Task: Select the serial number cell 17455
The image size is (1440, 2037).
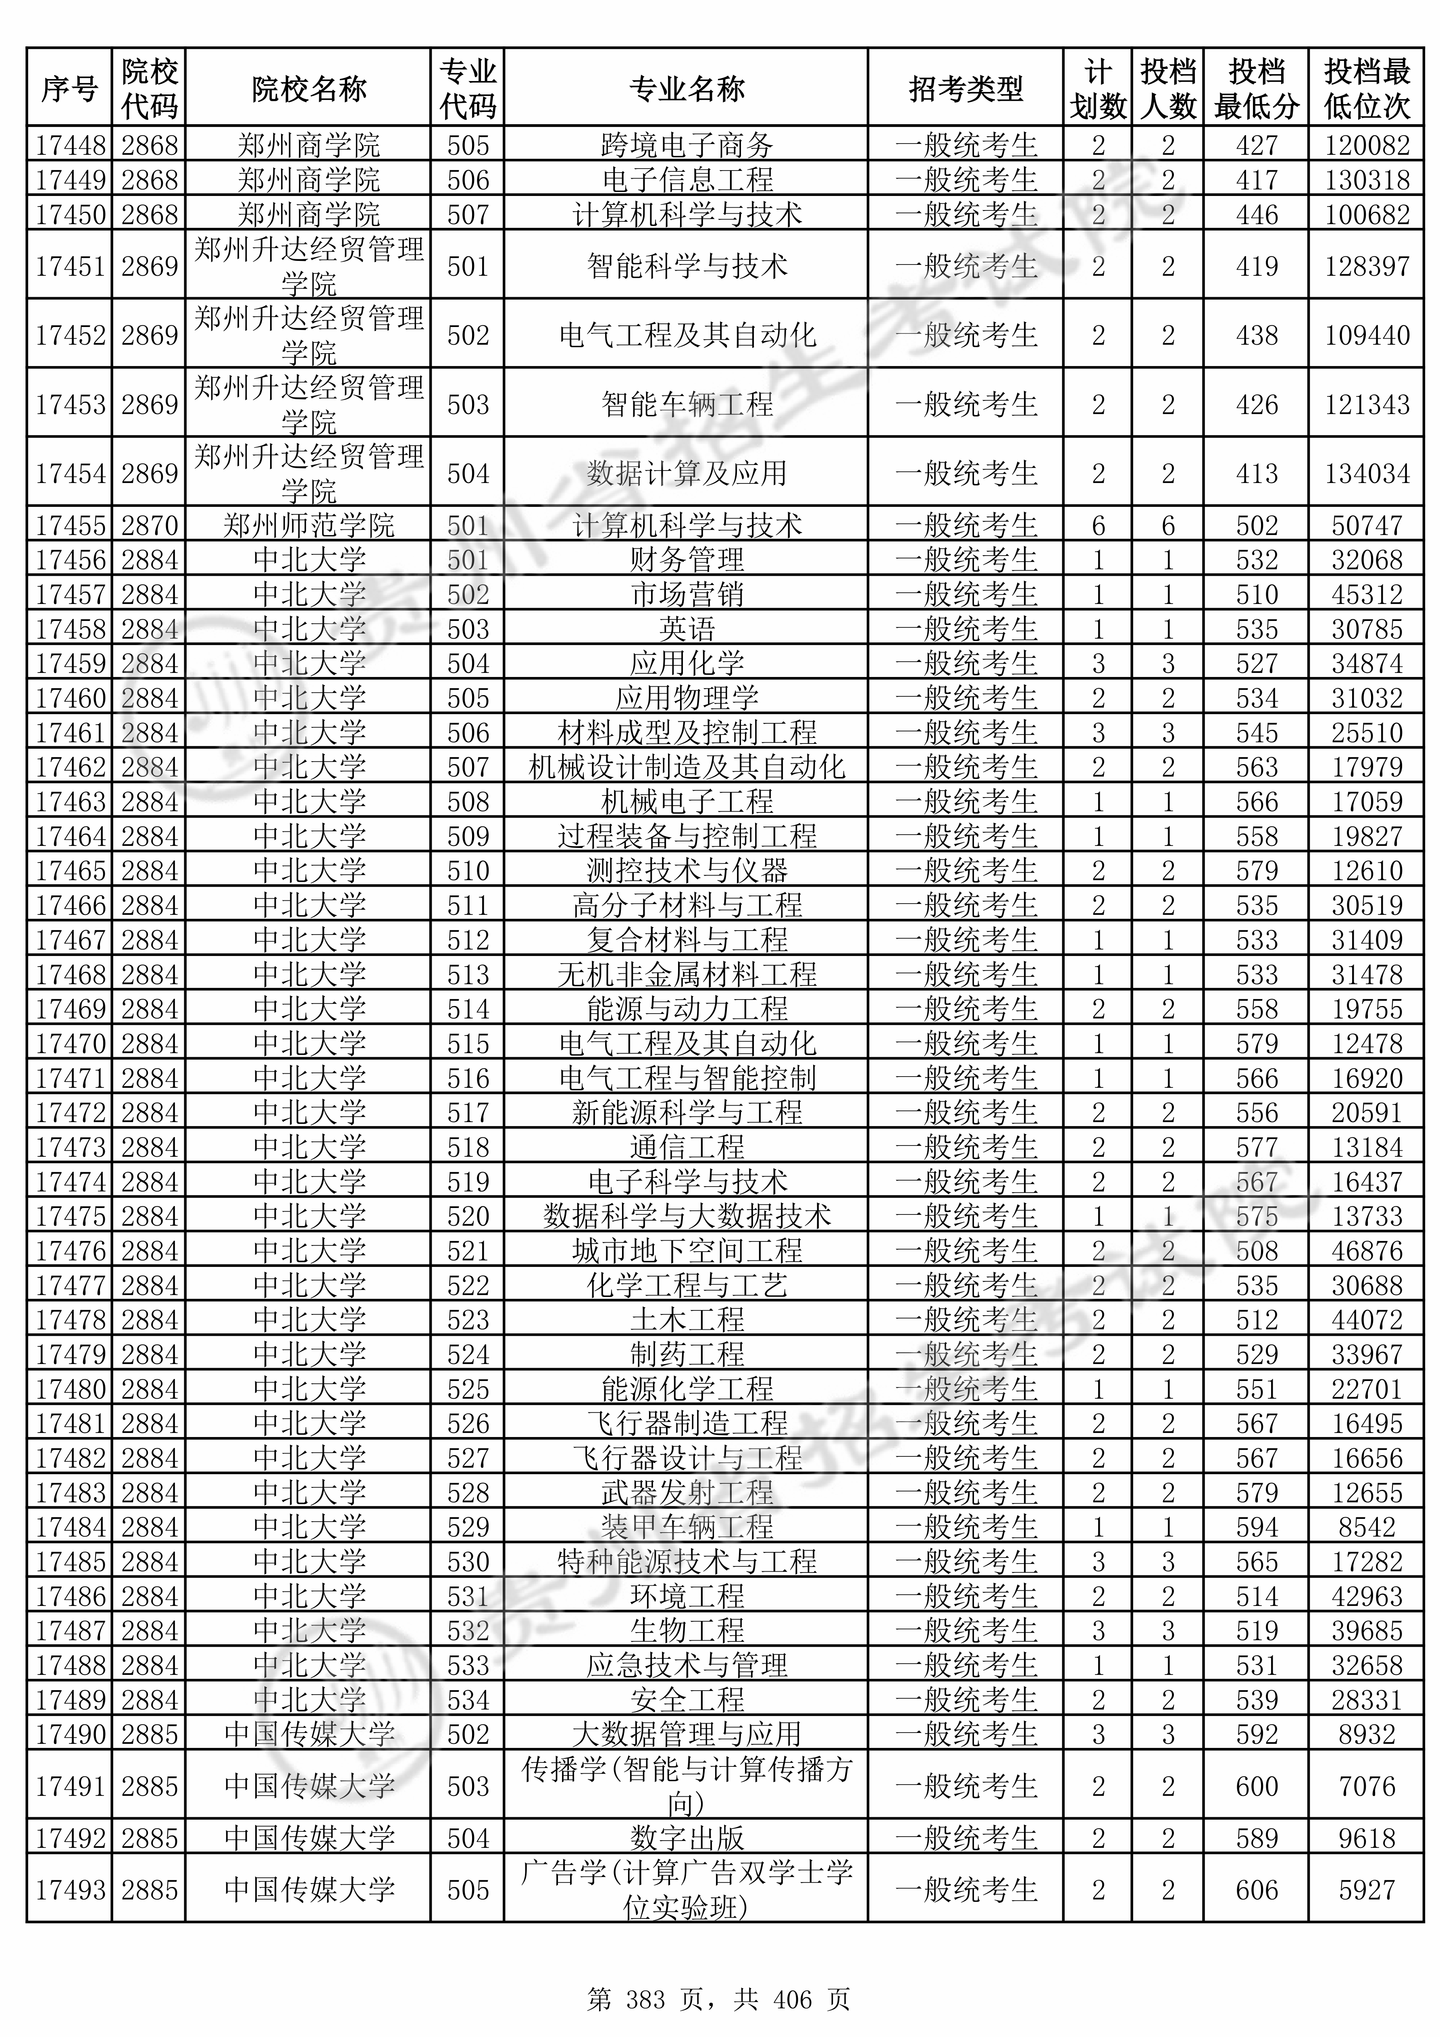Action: pyautogui.click(x=70, y=525)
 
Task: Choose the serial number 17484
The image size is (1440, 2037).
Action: pyautogui.click(x=70, y=1527)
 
